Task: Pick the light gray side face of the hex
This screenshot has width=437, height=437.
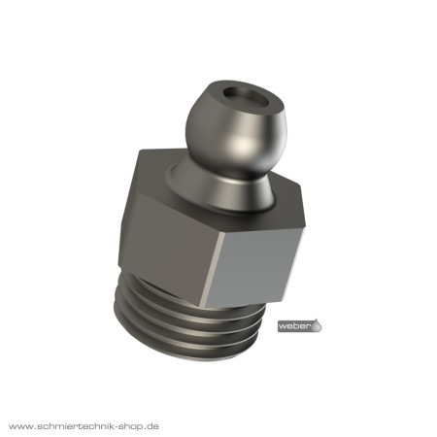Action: click(x=254, y=267)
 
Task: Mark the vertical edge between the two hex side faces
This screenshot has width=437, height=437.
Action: click(x=214, y=269)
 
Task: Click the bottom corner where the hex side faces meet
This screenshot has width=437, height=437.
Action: click(x=202, y=307)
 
